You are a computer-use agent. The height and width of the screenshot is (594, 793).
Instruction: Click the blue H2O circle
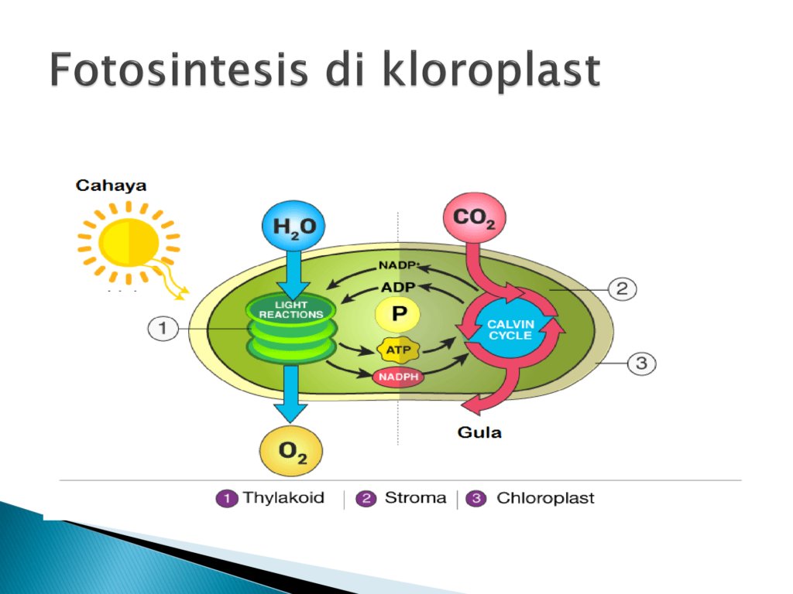[294, 226]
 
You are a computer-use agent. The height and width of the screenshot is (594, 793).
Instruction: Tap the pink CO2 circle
[475, 217]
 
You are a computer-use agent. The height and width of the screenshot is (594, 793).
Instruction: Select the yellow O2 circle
[291, 451]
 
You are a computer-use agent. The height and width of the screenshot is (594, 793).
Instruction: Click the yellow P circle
[398, 314]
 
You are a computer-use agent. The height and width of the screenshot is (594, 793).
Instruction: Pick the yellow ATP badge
[399, 350]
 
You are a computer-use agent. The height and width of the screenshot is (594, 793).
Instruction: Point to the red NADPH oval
[398, 377]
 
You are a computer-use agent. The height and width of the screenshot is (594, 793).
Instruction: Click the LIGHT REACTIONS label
[291, 309]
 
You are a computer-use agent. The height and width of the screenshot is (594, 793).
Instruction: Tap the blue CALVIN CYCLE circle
[511, 329]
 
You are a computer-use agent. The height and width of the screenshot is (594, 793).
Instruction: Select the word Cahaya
[112, 186]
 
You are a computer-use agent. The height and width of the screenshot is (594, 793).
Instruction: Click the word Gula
[479, 432]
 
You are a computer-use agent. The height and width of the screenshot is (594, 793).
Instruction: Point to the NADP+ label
[399, 265]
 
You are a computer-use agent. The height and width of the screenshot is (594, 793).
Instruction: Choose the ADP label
[398, 288]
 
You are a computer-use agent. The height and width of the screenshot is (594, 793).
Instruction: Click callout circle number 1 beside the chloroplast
[163, 328]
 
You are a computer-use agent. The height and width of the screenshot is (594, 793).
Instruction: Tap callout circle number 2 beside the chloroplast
[622, 289]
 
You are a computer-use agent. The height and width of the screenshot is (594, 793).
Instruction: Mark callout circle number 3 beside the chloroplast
[641, 364]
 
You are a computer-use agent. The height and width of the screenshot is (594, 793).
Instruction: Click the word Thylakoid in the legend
[283, 498]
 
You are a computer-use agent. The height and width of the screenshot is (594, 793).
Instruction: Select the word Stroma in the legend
[416, 498]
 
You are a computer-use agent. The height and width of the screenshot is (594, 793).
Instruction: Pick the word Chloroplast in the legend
[545, 498]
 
